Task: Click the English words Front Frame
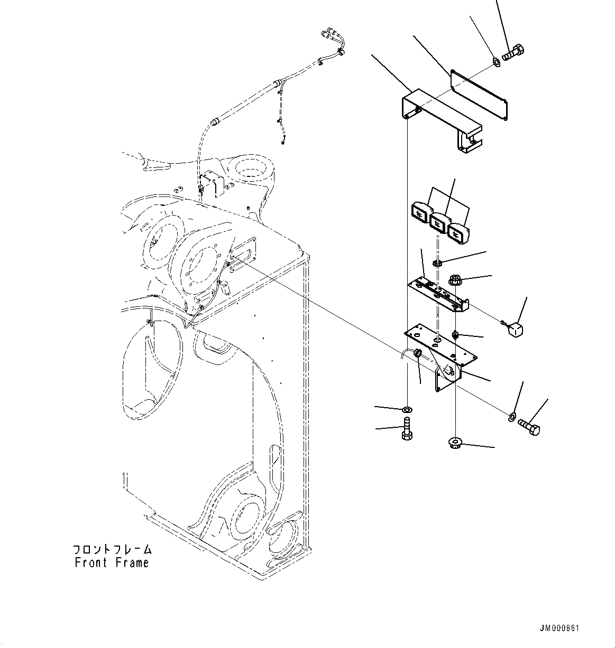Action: (112, 563)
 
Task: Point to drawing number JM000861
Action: (559, 628)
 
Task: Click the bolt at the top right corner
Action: (512, 53)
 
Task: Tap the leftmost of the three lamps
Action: (420, 213)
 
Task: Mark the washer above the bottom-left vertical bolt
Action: (407, 409)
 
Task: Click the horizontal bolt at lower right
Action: (529, 426)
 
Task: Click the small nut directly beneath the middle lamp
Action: (437, 262)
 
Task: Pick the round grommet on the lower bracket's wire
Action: (417, 353)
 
